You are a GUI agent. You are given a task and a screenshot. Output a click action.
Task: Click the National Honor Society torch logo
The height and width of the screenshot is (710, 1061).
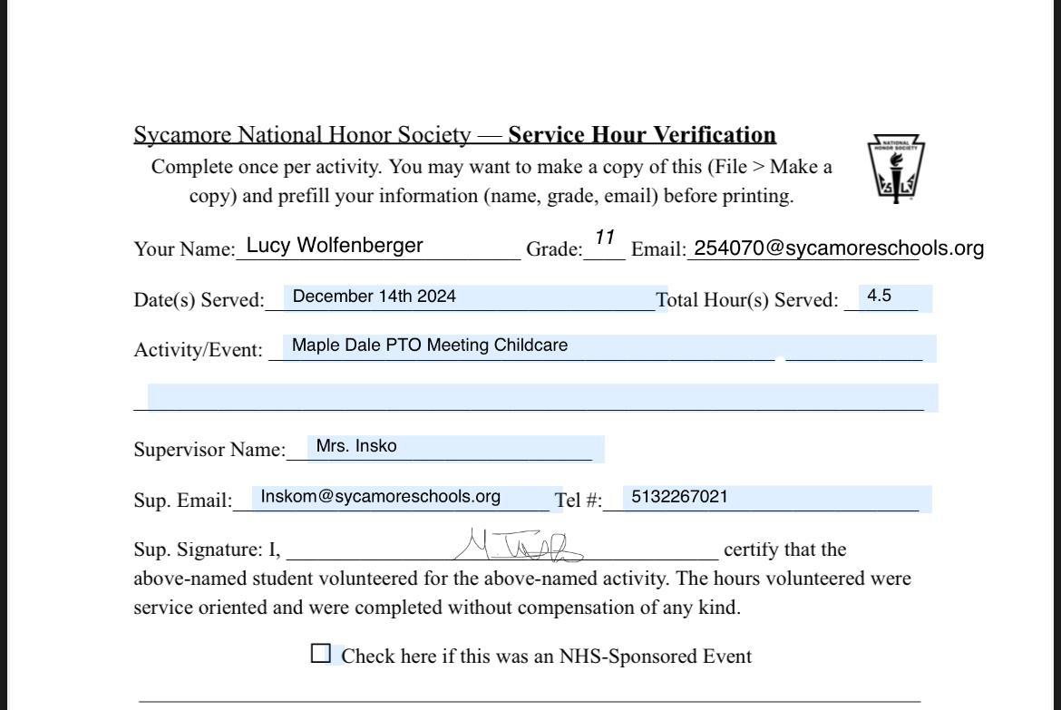click(896, 169)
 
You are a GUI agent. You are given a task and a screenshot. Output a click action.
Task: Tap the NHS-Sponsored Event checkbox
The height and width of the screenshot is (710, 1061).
click(321, 654)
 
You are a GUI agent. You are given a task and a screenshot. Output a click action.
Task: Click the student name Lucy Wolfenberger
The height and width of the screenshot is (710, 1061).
click(335, 245)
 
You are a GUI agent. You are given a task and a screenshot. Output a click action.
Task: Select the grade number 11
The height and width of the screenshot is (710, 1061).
click(605, 238)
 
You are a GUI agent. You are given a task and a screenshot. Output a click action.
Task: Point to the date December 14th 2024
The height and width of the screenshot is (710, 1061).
click(374, 297)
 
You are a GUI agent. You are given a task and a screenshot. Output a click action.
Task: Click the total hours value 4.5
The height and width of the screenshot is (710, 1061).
click(879, 296)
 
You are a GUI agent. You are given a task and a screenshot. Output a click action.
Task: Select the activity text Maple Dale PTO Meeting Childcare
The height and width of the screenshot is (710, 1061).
click(430, 345)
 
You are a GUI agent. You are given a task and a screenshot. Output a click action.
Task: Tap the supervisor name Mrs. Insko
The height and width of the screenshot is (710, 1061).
click(356, 446)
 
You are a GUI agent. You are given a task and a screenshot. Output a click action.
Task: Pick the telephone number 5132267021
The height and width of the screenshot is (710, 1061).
click(678, 496)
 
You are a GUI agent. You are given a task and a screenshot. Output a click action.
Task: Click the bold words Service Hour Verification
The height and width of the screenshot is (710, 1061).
click(642, 135)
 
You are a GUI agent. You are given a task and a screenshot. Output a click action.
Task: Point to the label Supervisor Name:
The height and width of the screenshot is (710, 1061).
click(209, 450)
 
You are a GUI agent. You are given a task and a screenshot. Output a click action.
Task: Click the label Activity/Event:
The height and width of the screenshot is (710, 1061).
click(198, 350)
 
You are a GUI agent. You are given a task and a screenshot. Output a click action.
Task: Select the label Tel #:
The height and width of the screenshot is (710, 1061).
click(578, 501)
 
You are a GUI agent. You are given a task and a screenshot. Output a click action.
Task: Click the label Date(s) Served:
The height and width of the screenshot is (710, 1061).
click(199, 300)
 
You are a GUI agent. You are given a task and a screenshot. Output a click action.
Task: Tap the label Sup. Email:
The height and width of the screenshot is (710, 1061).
click(183, 501)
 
